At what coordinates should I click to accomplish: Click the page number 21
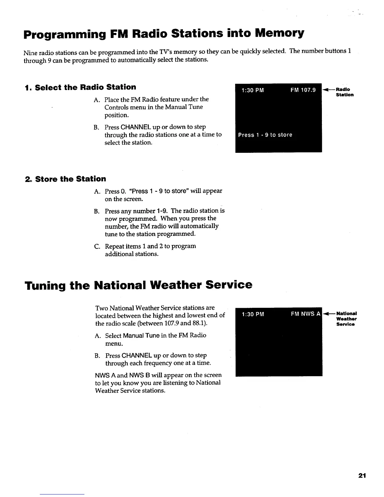[x=362, y=476]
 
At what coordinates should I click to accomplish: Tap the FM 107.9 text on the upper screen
[x=303, y=91]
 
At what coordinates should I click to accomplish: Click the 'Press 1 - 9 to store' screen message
[x=265, y=135]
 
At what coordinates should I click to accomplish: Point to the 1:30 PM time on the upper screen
[x=253, y=91]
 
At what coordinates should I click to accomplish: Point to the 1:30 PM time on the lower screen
[x=253, y=315]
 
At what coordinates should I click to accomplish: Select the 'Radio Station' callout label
[x=345, y=92]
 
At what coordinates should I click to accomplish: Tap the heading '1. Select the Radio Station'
[x=81, y=87]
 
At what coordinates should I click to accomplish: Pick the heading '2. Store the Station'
[x=65, y=179]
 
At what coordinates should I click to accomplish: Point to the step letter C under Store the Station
[x=97, y=246]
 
